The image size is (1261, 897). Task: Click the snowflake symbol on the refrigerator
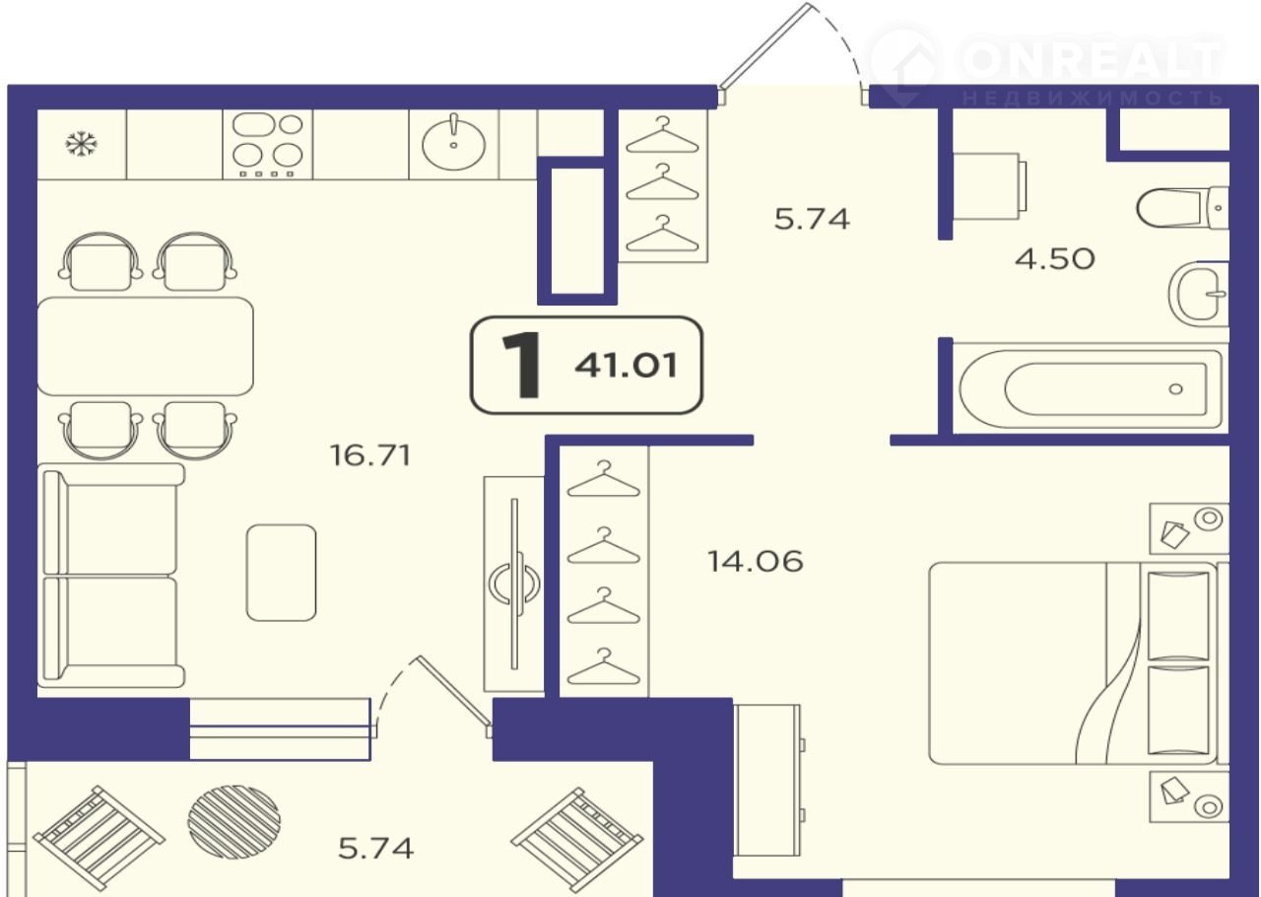pyautogui.click(x=81, y=144)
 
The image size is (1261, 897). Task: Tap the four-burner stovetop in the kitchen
pyautogui.click(x=267, y=145)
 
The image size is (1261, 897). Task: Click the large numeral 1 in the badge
pyautogui.click(x=522, y=365)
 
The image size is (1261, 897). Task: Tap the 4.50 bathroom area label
pyautogui.click(x=1054, y=259)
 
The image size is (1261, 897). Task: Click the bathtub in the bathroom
pyautogui.click(x=1091, y=388)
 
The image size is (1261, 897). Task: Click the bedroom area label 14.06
pyautogui.click(x=755, y=562)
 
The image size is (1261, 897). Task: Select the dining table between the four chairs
pyautogui.click(x=145, y=347)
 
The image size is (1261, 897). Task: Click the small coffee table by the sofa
pyautogui.click(x=282, y=573)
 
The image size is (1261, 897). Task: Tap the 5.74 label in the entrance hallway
pyautogui.click(x=812, y=219)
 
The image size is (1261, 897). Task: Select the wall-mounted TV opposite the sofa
pyautogui.click(x=514, y=584)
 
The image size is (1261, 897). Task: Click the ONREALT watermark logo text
pyautogui.click(x=1091, y=57)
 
